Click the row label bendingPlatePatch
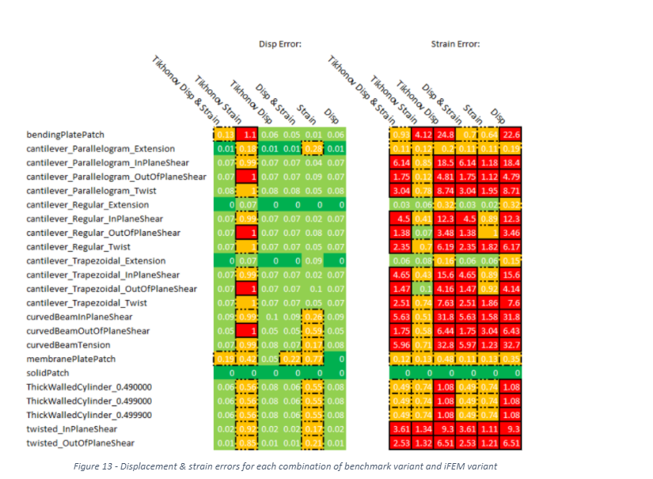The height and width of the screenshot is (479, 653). coord(66,135)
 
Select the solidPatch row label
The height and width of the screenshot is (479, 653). coord(50,372)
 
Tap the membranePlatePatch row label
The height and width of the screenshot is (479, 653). coord(70,359)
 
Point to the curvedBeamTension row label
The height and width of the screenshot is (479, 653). coord(68,344)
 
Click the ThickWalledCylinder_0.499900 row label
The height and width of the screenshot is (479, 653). coord(89,415)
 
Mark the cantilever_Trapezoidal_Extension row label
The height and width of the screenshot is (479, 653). coord(96,260)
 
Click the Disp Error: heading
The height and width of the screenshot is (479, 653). coord(279,44)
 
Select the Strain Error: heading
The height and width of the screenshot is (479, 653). coord(455,44)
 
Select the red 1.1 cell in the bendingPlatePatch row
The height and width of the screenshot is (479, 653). coord(249,135)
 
